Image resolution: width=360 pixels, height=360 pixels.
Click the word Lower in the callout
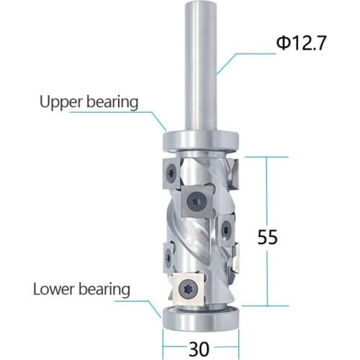tap(57, 289)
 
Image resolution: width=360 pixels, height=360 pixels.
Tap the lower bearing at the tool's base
tap(200, 315)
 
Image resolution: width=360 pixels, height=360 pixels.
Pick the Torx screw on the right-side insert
tap(226, 229)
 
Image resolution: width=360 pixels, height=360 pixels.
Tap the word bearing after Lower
tap(104, 289)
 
